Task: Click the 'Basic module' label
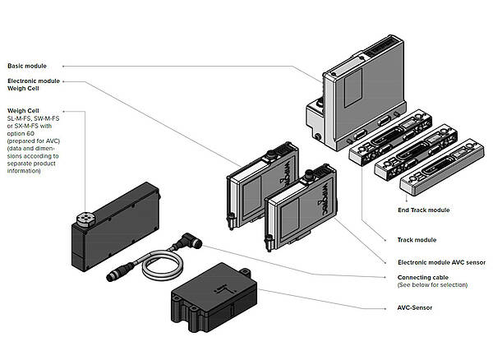(27, 65)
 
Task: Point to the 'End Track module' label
(423, 210)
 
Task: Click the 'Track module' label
(411, 240)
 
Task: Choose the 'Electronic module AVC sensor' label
(435, 262)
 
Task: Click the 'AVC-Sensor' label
(408, 307)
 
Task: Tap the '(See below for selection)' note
(432, 285)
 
